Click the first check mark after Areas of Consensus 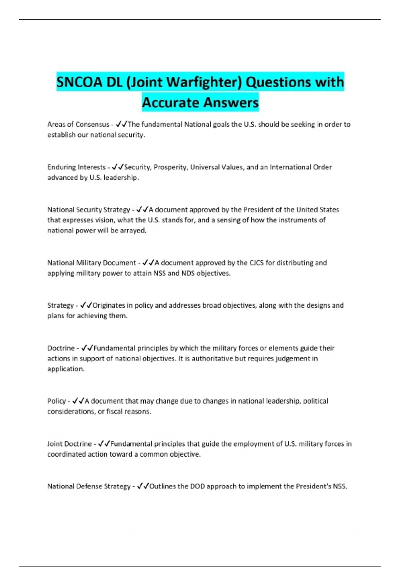point(118,124)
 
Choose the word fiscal point(114,412)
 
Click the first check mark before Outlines point(140,486)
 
